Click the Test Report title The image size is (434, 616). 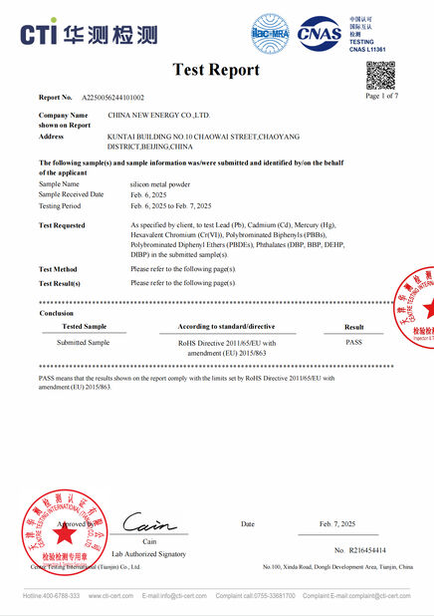(x=216, y=70)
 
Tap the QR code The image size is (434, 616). (x=380, y=76)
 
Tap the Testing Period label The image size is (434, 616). (x=62, y=205)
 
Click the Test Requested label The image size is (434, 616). (x=62, y=225)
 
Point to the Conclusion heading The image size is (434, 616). (x=56, y=312)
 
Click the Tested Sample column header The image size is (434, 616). (x=84, y=326)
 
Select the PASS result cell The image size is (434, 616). (x=353, y=341)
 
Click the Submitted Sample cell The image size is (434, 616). (x=84, y=341)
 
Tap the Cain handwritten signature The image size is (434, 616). (x=149, y=523)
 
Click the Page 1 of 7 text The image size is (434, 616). (x=382, y=96)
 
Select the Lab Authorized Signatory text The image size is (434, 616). (x=148, y=553)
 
